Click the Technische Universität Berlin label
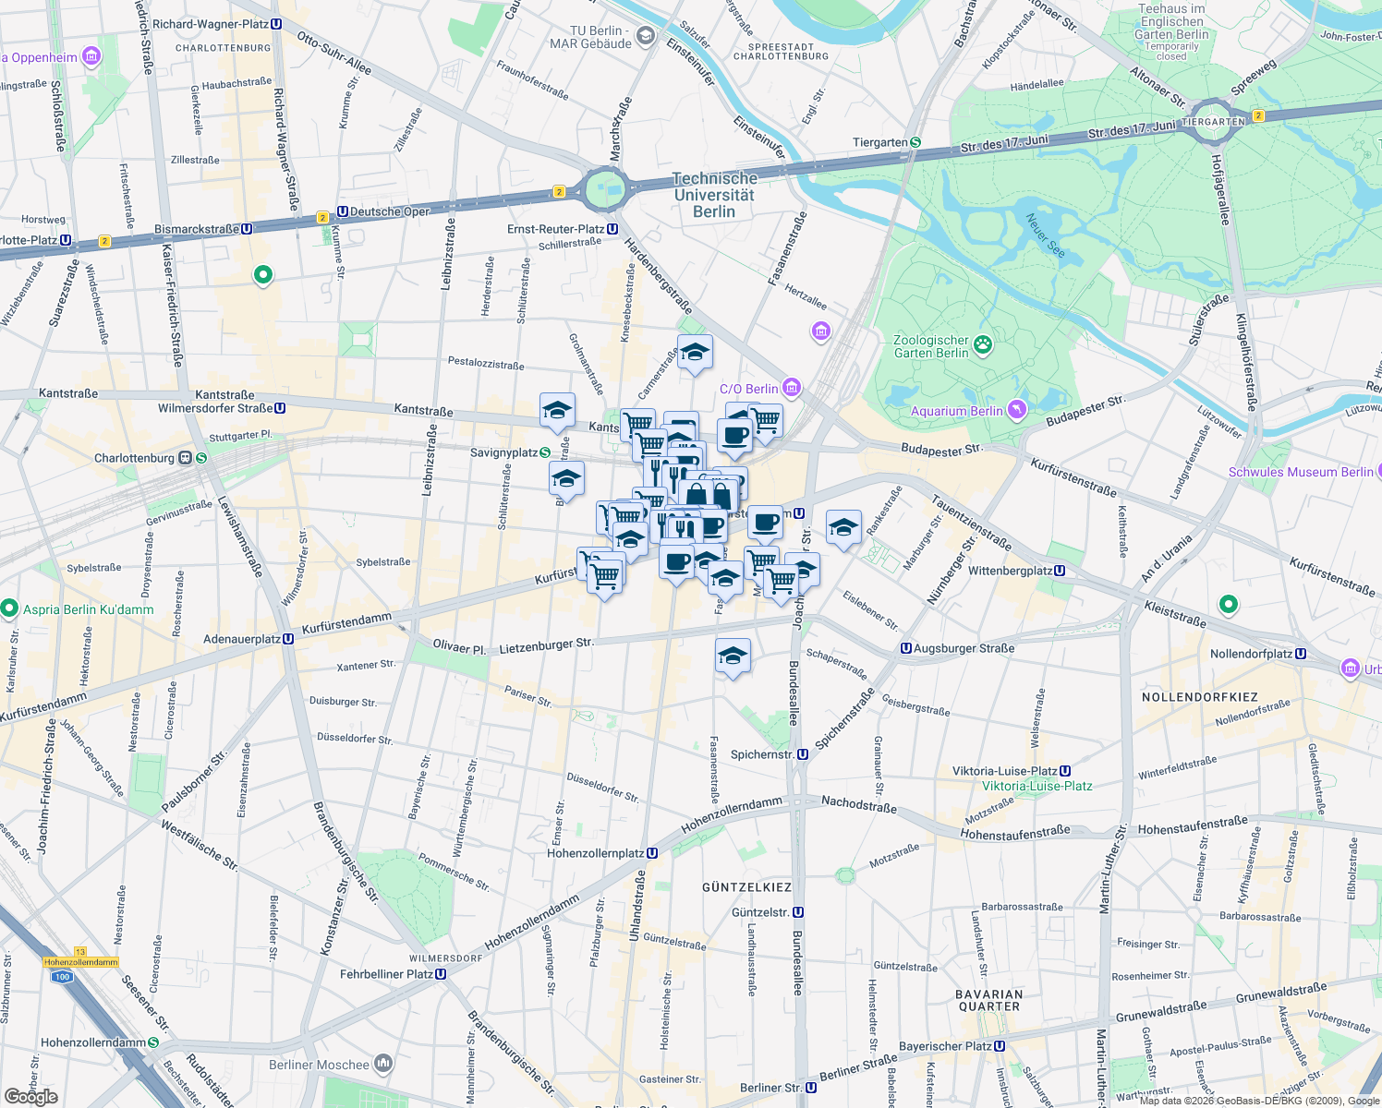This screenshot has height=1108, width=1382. (x=714, y=195)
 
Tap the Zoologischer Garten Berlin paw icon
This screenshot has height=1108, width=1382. (x=983, y=346)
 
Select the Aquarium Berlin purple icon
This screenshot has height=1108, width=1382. (x=1017, y=409)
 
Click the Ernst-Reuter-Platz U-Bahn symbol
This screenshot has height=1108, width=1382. (x=612, y=229)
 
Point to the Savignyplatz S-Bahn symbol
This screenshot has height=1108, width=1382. (x=545, y=452)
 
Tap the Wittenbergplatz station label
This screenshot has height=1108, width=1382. (x=1010, y=571)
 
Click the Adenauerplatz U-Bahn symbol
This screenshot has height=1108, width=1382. (x=288, y=638)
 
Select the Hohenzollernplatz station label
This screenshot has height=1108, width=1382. (x=595, y=853)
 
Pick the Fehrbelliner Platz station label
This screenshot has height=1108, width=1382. (x=386, y=974)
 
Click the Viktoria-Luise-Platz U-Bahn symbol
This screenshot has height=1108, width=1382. (x=1065, y=771)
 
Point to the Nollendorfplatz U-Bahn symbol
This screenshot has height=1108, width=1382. (x=1301, y=654)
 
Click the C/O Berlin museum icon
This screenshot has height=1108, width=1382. (x=791, y=387)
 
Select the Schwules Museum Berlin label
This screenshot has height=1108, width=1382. (x=1301, y=472)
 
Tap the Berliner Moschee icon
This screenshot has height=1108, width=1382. (x=383, y=1064)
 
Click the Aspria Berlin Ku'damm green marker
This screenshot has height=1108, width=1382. (x=10, y=608)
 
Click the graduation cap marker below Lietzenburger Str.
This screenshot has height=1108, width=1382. (x=733, y=656)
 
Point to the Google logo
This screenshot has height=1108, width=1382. (x=30, y=1097)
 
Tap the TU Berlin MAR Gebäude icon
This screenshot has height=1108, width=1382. (x=646, y=37)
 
